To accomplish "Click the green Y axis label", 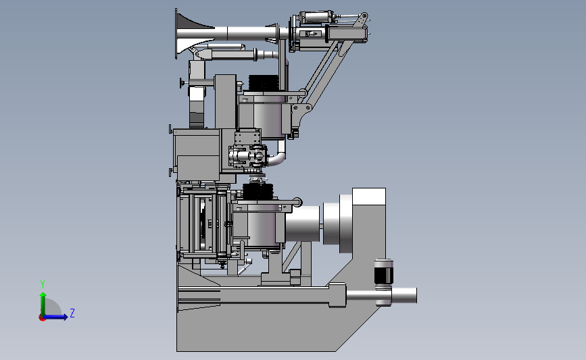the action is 43,284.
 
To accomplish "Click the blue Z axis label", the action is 72,313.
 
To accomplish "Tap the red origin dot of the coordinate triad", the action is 42,318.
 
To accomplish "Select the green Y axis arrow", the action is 43,304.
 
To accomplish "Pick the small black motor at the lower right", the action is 383,272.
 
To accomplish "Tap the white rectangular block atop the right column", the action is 369,197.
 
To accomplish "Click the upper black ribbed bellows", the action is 264,82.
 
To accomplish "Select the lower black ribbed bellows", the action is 258,192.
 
